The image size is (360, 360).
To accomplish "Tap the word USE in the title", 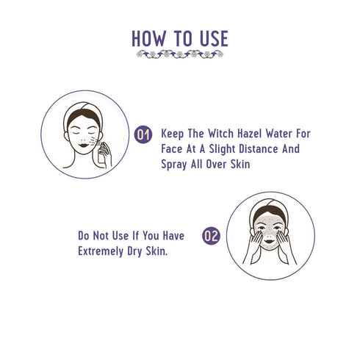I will coord(212,38).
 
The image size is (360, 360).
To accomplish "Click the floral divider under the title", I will coord(180,54).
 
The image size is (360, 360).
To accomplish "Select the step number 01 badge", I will coord(145,134).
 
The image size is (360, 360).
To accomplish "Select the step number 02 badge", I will coord(212,236).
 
